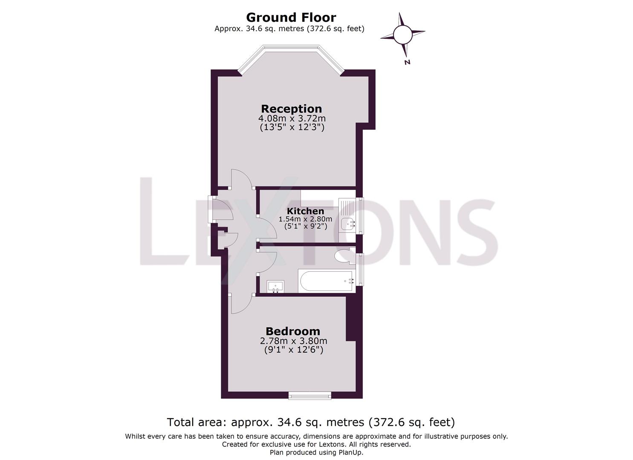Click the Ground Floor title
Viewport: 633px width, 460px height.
tap(291, 17)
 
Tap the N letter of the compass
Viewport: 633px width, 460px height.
tap(407, 62)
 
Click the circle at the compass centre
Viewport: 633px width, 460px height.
tap(402, 35)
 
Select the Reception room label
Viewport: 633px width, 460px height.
tap(291, 109)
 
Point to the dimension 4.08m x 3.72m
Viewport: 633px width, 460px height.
tap(292, 118)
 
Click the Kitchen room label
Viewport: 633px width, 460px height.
tap(305, 211)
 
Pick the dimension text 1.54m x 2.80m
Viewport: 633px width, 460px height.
tap(305, 219)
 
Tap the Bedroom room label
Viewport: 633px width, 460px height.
tap(292, 331)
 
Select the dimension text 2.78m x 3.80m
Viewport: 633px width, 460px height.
tap(293, 341)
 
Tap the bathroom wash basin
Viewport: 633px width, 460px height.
tap(275, 287)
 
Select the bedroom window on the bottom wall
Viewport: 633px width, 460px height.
tap(309, 395)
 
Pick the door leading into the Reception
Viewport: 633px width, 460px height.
tap(241, 178)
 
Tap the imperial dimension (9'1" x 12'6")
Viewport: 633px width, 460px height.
tap(293, 350)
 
